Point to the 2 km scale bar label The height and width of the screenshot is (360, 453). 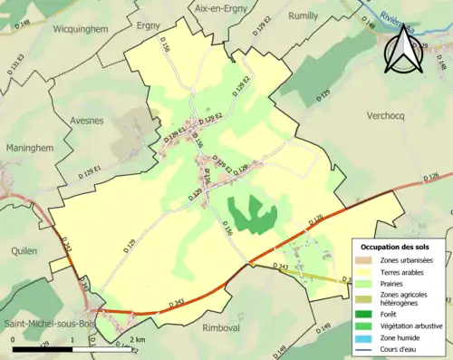click(x=138, y=340)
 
